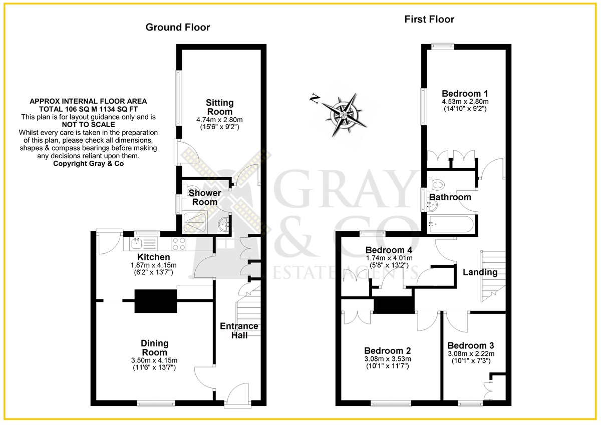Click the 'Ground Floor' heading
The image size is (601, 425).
[178, 28]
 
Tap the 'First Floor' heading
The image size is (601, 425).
[429, 20]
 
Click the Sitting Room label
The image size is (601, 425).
[220, 107]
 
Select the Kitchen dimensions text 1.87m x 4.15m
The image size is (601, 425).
[153, 265]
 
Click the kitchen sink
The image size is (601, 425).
[137, 244]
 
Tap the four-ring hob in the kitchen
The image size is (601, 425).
[179, 244]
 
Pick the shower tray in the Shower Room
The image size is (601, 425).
[195, 222]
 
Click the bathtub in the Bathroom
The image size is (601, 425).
[451, 224]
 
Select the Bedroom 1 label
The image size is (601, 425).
[465, 94]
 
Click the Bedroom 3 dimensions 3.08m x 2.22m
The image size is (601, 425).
[471, 354]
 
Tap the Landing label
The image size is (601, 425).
[480, 272]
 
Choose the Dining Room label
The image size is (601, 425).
[155, 348]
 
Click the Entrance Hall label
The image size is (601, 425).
[239, 330]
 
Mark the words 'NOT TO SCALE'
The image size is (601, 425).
[88, 125]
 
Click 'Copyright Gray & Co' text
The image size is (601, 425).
[88, 164]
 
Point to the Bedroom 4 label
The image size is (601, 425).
[389, 250]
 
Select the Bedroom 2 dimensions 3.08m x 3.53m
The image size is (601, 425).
[388, 359]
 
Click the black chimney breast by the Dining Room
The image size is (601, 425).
[156, 301]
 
